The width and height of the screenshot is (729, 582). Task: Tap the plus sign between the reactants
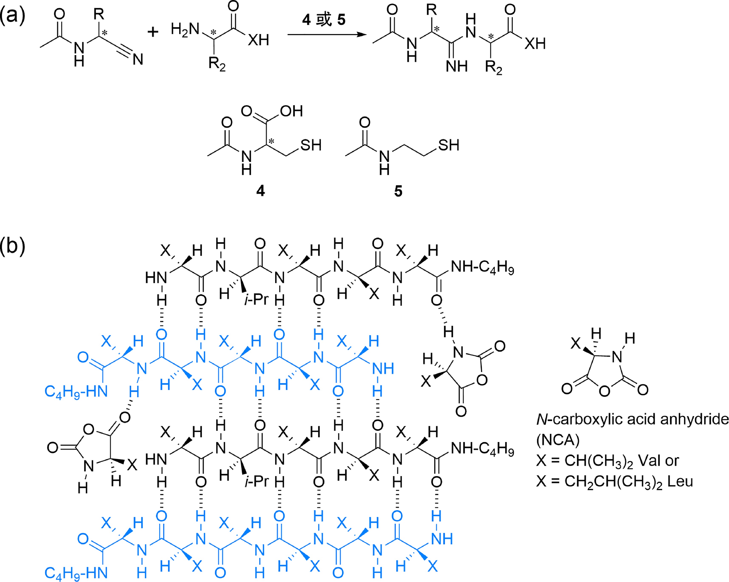153,32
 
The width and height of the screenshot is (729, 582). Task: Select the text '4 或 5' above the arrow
324,20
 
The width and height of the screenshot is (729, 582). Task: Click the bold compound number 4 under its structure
260,191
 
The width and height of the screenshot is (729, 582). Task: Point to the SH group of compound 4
311,145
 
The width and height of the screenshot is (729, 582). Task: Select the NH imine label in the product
457,66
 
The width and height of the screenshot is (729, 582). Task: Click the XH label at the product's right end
535,44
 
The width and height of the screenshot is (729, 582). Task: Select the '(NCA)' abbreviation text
558,440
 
